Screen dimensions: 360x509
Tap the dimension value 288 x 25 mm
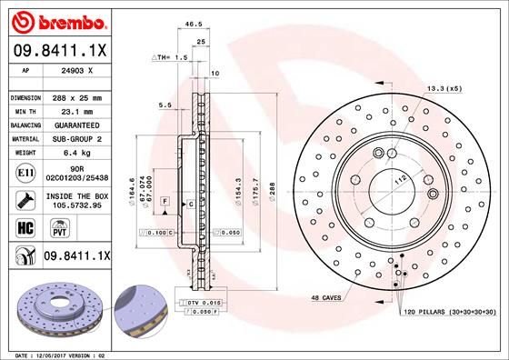pyautogui.click(x=76, y=96)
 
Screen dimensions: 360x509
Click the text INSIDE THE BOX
pyautogui.click(x=76, y=195)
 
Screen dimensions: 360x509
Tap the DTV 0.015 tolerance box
pyautogui.click(x=205, y=300)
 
